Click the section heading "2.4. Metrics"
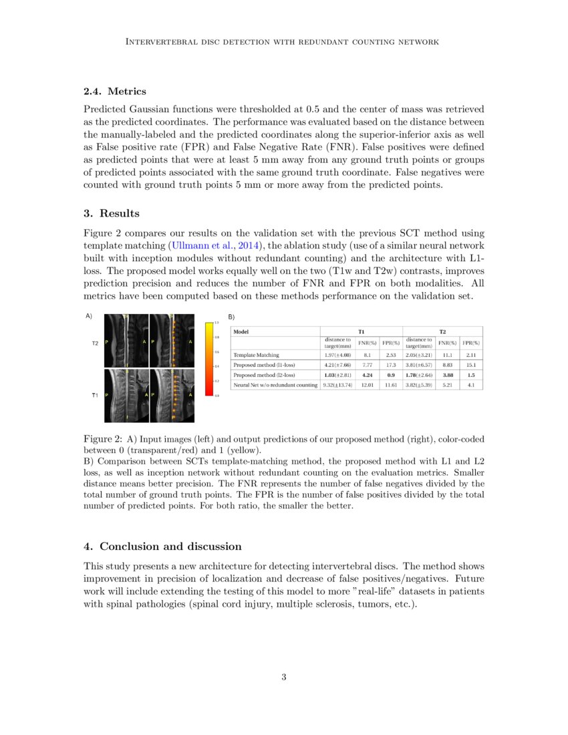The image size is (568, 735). point(115,91)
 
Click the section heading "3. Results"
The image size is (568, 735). point(112,213)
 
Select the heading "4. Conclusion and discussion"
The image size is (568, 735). point(162,547)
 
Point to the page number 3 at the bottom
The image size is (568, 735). point(284,678)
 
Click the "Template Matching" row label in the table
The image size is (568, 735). point(256,355)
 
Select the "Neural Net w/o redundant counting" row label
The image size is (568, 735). point(275,386)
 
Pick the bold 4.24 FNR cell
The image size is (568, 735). point(367,376)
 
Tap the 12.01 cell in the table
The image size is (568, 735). point(367,386)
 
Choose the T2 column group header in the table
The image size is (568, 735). point(442,331)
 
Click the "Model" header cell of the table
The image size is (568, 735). point(241,331)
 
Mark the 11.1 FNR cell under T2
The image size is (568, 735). point(448,355)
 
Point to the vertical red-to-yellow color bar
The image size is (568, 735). point(208,359)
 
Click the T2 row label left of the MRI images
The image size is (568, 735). point(95,343)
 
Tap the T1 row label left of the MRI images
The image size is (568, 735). point(95,396)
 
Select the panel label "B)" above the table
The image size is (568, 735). point(232,316)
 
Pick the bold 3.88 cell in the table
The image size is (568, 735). point(448,376)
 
